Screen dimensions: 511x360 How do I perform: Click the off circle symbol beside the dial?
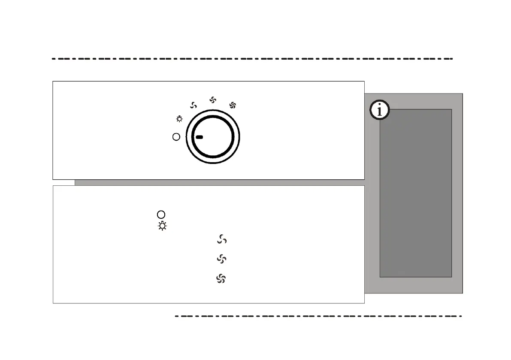(x=175, y=137)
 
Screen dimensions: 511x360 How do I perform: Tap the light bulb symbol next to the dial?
(x=179, y=119)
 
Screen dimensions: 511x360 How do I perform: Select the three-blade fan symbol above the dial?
(x=194, y=106)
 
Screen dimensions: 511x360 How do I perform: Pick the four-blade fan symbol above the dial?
(x=212, y=100)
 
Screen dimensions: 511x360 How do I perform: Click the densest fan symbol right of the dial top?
(x=233, y=105)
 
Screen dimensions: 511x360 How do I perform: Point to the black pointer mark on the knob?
(x=199, y=137)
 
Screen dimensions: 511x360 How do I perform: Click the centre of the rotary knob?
(x=213, y=137)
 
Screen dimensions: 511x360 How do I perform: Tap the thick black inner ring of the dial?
(x=213, y=117)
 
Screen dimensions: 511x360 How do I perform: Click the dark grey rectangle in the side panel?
(x=415, y=193)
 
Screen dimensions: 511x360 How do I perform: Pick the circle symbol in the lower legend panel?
(x=161, y=215)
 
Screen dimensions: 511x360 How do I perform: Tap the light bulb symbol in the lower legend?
(x=162, y=226)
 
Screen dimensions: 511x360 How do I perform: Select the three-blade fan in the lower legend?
(x=222, y=239)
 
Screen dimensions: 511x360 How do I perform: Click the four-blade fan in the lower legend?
(x=221, y=259)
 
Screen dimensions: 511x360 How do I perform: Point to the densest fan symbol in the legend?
(x=221, y=279)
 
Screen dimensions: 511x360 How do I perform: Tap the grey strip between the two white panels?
(x=219, y=182)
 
